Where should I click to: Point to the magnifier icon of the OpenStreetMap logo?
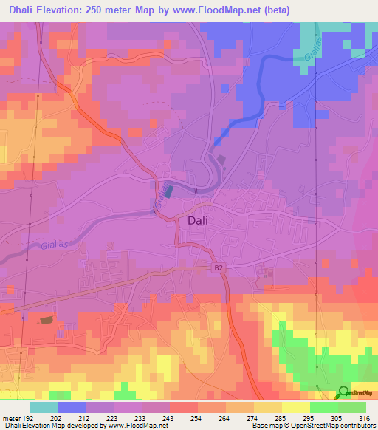(x=343, y=392)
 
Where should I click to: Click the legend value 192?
(x=27, y=417)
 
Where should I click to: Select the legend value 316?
(x=364, y=417)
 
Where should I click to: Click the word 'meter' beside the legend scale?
(x=10, y=417)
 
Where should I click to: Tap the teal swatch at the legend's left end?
(x=44, y=406)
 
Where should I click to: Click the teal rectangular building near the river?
(x=168, y=191)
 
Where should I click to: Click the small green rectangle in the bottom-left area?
(x=47, y=320)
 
